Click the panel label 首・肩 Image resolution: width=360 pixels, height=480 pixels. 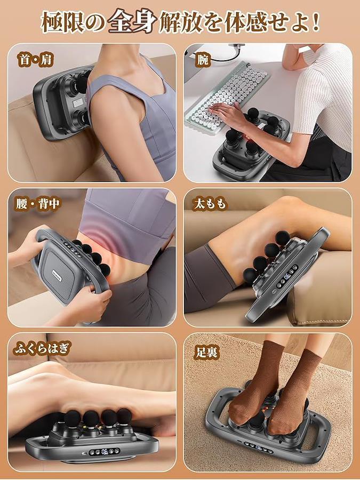[36, 59]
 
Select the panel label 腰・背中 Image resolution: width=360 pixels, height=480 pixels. [38, 204]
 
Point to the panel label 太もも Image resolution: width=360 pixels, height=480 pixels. [210, 204]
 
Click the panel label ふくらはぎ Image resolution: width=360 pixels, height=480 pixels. [43, 348]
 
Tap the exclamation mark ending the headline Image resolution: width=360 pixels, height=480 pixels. [316, 22]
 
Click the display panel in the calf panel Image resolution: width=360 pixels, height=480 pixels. [105, 451]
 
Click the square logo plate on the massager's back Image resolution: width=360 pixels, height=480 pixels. [58, 278]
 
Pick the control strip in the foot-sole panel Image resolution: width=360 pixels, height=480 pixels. [259, 448]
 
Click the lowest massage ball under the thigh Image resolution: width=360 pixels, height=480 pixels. [250, 275]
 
